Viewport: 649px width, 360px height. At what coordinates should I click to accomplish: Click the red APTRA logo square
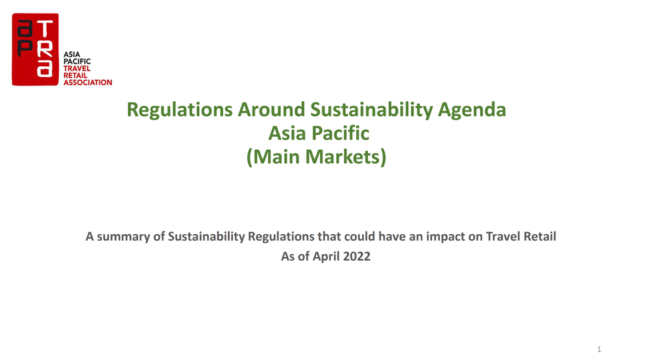click(35, 49)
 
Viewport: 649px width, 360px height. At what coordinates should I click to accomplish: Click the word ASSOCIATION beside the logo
click(88, 82)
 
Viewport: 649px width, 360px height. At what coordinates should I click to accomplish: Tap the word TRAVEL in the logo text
click(77, 68)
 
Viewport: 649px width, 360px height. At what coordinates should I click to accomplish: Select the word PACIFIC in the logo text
click(77, 61)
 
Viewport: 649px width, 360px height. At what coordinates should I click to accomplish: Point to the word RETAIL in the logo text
click(75, 75)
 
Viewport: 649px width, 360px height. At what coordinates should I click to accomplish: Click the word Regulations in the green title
click(180, 110)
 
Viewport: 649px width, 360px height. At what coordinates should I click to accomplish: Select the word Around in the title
click(271, 110)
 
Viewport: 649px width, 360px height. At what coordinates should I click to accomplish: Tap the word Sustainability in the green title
click(371, 110)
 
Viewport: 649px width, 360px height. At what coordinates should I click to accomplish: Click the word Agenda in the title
click(472, 110)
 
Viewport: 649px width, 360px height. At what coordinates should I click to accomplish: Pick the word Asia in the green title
click(288, 133)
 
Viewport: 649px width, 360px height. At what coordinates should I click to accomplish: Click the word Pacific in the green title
click(340, 133)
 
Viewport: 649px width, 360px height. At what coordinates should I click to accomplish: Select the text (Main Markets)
click(316, 157)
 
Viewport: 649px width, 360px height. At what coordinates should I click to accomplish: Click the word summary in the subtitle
click(123, 237)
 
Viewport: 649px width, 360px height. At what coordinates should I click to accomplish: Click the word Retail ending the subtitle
click(540, 236)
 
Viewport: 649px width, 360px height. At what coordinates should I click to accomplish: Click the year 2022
click(357, 257)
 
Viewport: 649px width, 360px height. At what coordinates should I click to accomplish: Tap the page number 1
click(599, 350)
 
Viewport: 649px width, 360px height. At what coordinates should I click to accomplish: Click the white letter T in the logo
click(45, 29)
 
